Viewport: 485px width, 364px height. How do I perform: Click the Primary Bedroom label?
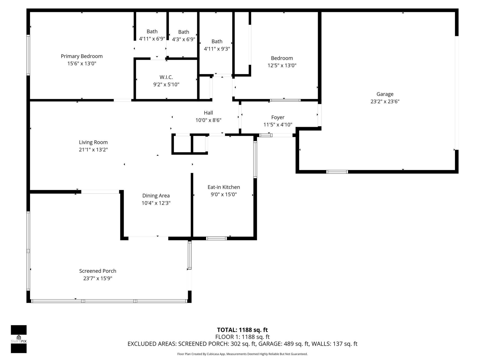pos(82,56)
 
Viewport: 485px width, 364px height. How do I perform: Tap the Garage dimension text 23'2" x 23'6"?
pos(385,102)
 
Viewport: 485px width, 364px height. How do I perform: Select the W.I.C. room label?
pos(166,77)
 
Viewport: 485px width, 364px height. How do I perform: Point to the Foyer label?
pos(278,118)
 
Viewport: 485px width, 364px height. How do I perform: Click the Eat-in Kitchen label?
pos(224,187)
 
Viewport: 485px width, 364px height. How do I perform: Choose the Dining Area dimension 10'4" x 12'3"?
pos(156,203)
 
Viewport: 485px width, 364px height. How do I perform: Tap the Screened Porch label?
pos(98,271)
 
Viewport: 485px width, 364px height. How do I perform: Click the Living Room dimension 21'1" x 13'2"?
pos(93,150)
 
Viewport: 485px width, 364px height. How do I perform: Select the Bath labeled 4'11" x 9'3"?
pos(217,45)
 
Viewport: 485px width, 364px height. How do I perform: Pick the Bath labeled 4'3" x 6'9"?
pos(183,36)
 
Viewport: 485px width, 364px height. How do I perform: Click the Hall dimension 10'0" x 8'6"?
pos(208,120)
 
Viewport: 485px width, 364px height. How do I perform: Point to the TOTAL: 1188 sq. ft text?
pos(242,330)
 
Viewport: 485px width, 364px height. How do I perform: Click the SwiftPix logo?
pos(19,339)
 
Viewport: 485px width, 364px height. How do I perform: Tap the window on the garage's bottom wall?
pos(337,172)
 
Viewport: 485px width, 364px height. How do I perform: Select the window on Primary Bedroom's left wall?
pos(28,55)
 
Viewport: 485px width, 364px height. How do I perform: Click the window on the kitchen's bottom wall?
pos(216,238)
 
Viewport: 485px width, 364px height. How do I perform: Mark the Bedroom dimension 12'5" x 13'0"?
pos(282,65)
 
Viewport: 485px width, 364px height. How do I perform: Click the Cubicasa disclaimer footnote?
pos(242,354)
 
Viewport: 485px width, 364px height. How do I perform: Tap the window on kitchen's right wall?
pos(255,160)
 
